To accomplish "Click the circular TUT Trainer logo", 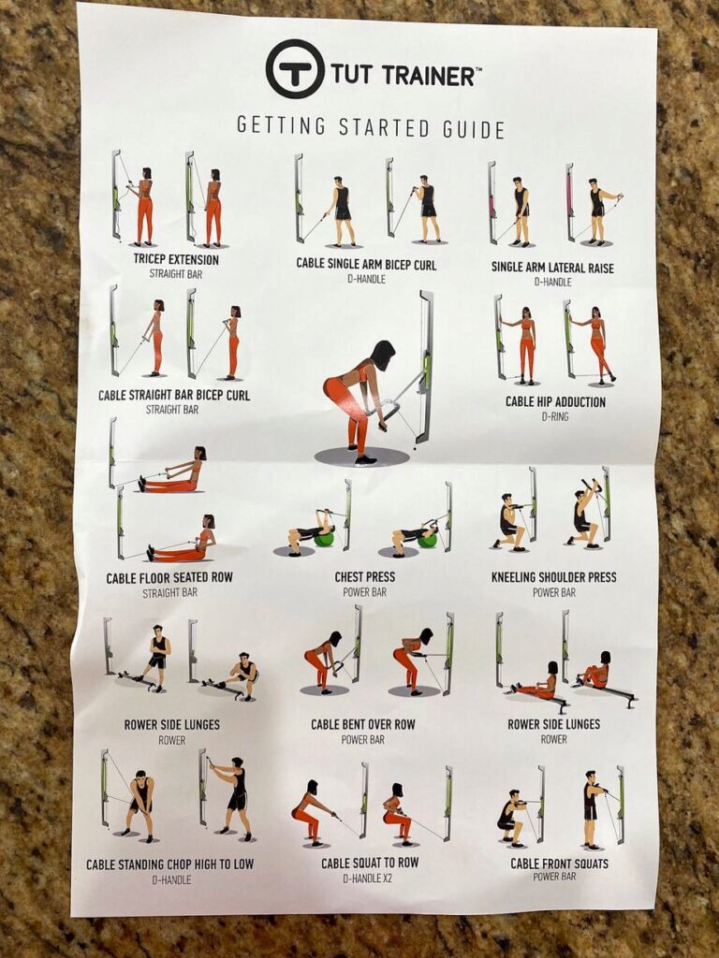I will click(x=295, y=69).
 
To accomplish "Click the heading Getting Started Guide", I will click(x=370, y=127).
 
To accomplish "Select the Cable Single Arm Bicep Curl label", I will click(x=366, y=264).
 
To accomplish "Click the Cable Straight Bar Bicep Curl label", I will click(x=174, y=395).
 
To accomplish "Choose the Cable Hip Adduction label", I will click(x=555, y=401).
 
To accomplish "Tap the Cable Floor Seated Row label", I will click(x=169, y=578).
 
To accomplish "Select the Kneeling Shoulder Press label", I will click(x=553, y=577).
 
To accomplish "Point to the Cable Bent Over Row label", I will click(x=363, y=724).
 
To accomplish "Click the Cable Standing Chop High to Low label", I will click(x=170, y=864).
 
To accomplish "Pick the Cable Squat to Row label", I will click(x=370, y=863).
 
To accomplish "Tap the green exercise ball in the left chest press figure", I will click(x=324, y=539).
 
